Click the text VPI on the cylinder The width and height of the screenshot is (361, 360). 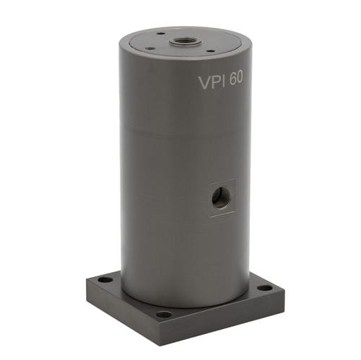click(x=213, y=82)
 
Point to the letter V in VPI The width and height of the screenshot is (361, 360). click(x=204, y=83)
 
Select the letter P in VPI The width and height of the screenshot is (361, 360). click(x=215, y=82)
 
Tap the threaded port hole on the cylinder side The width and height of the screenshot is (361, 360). click(x=221, y=196)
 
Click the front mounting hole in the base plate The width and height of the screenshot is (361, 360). click(x=164, y=315)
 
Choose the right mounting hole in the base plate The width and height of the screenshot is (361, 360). click(x=265, y=288)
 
